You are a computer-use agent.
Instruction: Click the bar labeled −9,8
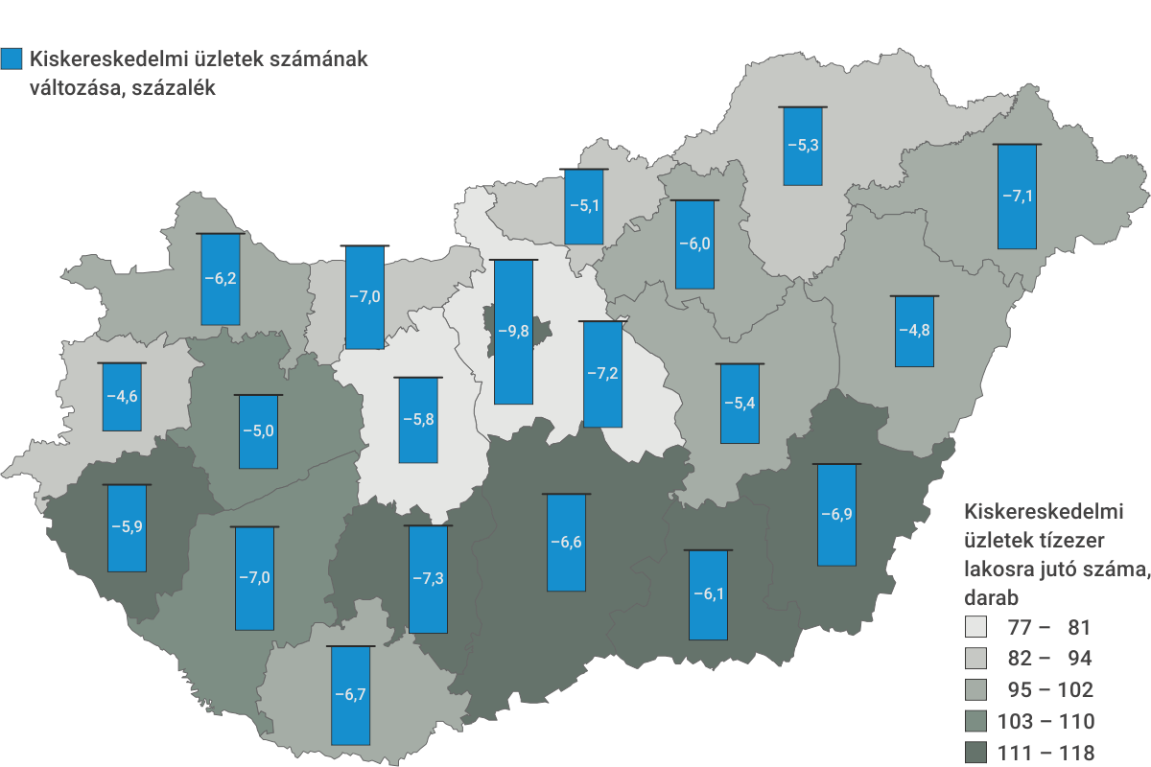513,332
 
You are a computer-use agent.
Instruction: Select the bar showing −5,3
802,146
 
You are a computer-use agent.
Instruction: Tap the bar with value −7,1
1017,197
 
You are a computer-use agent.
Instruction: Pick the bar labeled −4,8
913,331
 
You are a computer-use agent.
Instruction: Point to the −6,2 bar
221,279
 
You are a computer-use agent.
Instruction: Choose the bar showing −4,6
122,397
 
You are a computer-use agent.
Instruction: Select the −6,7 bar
350,695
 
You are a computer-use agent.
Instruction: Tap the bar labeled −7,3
428,579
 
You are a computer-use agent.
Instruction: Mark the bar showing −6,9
836,515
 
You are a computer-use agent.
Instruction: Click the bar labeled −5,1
583,206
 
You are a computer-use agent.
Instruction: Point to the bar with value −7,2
602,374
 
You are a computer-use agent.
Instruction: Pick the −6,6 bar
566,543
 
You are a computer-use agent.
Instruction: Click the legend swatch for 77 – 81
975,628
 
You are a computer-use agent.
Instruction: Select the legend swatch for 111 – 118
975,753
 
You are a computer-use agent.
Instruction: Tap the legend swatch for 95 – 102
975,690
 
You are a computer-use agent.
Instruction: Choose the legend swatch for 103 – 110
975,721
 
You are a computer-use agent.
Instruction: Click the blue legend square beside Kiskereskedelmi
12,59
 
